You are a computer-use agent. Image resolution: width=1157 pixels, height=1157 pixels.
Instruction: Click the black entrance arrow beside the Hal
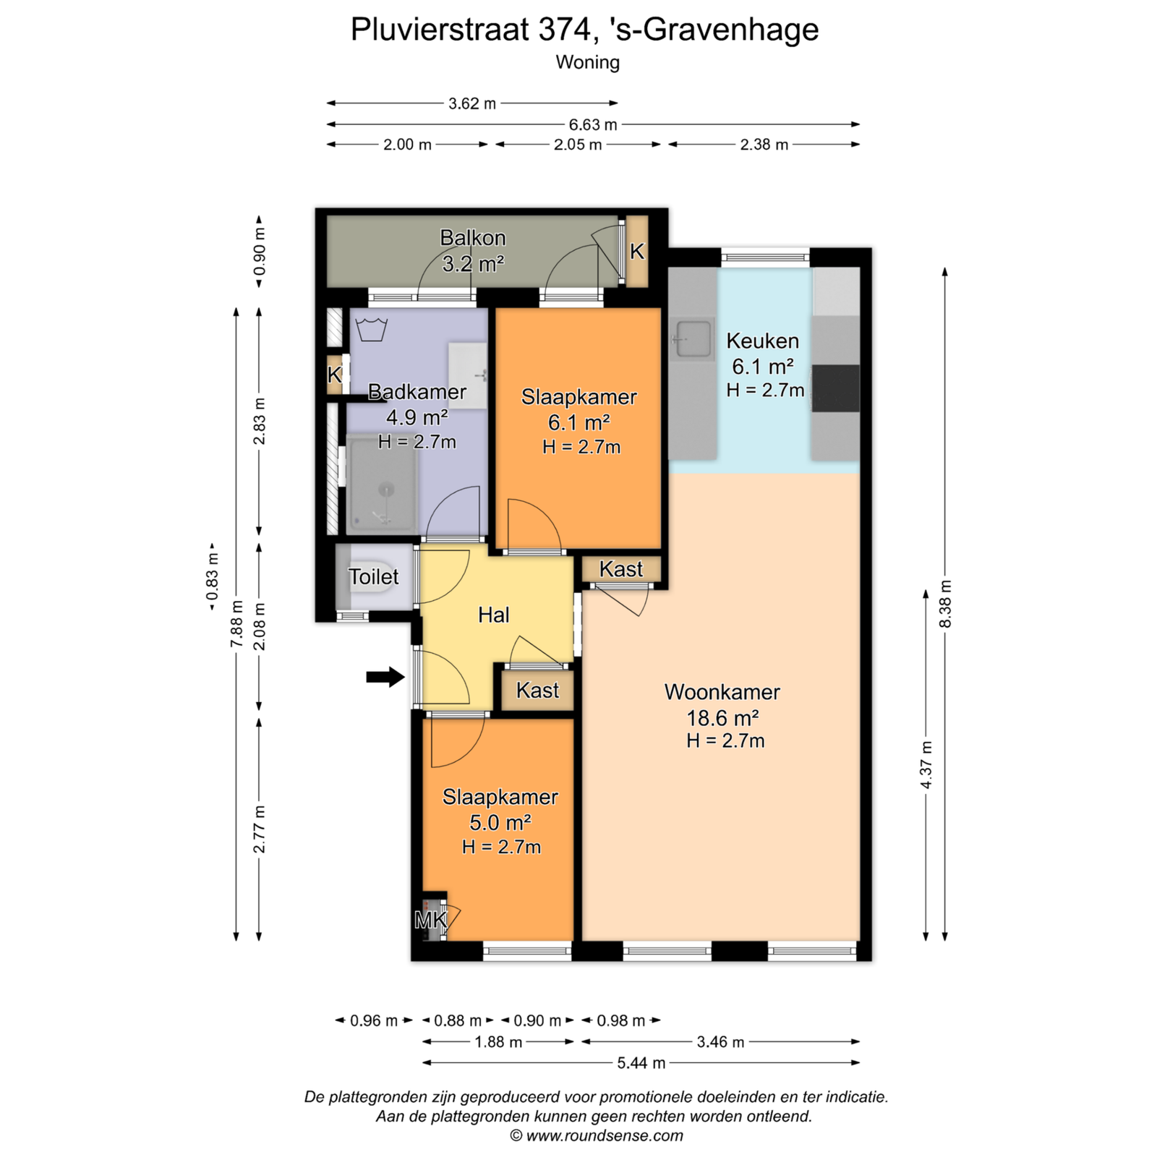(385, 678)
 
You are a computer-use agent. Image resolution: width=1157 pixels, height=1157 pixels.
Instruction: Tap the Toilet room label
(374, 576)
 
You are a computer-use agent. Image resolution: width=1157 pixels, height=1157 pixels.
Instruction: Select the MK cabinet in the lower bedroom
(431, 920)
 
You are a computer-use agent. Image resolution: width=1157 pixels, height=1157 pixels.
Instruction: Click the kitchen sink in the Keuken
(693, 339)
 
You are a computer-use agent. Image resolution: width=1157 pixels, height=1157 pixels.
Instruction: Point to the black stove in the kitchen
(835, 388)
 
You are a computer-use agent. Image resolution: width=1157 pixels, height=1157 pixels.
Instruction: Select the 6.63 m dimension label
(593, 124)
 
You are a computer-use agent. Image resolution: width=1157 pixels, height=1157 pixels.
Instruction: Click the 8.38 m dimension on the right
(946, 604)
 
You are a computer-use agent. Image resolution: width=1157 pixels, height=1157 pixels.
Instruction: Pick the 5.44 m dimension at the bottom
(641, 1063)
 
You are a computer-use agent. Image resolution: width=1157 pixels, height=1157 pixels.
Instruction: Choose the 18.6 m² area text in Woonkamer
(722, 717)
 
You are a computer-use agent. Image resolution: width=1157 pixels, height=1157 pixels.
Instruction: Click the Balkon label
(473, 237)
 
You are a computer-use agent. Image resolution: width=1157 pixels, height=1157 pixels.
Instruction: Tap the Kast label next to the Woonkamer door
(621, 569)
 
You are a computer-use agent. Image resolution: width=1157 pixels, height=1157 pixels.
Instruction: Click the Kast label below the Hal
(537, 690)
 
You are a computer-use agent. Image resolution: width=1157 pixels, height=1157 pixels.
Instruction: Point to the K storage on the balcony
(636, 251)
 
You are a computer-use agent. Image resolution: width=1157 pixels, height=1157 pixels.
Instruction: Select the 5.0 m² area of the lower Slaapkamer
(500, 822)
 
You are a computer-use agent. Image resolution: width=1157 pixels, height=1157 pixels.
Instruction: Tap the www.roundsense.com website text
(605, 1135)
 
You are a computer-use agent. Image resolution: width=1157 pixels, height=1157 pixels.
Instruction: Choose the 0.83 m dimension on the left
(212, 576)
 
